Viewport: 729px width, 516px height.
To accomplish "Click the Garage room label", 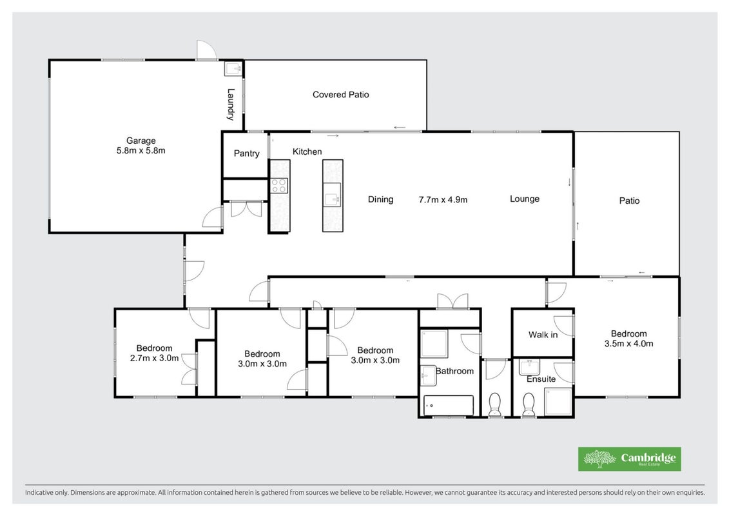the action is pos(141,141).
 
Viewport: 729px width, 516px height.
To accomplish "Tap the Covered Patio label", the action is pos(341,94).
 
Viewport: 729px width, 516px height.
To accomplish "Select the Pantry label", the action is pos(246,154).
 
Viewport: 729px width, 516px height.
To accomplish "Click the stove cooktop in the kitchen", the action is pos(279,186).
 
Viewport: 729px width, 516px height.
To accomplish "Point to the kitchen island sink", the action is pos(333,195).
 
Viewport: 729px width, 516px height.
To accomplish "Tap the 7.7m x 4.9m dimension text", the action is pos(443,199).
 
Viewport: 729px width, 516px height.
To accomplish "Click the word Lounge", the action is pos(525,199).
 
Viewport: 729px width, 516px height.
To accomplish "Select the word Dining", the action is pos(381,199).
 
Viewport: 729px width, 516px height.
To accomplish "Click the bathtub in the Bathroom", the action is pos(448,405).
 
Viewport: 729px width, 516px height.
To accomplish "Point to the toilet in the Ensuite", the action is pos(529,405).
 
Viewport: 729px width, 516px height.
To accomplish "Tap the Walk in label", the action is pos(543,335).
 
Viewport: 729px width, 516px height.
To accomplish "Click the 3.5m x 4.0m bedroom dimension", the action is pos(628,344).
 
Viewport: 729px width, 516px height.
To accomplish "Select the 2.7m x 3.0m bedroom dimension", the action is pos(154,358).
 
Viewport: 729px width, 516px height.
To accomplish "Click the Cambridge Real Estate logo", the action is pos(630,459).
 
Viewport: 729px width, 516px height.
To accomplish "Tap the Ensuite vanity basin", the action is pos(530,367).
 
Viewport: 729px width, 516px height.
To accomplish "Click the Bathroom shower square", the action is pos(434,343).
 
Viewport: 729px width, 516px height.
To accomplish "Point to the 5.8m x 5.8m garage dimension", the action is pos(141,151).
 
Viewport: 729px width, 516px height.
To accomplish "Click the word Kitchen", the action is pos(307,152).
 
